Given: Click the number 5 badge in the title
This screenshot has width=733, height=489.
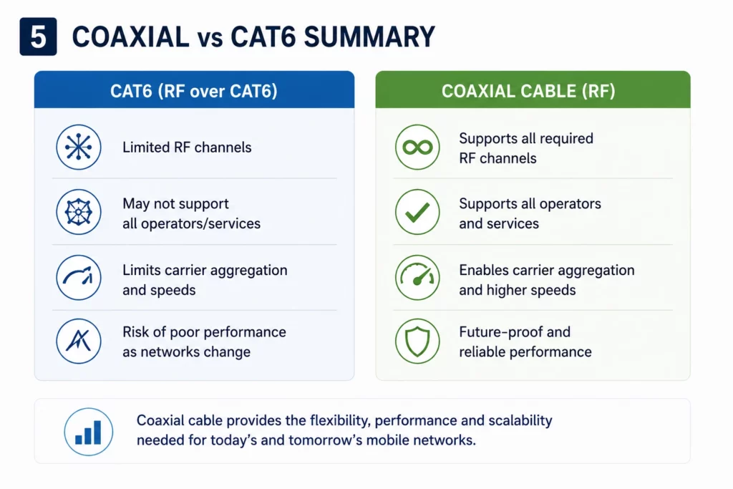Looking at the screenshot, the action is pos(39,37).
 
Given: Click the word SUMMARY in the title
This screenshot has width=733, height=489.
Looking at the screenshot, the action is pos(369,37).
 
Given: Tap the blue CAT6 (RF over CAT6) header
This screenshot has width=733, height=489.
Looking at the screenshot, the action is pos(194,89).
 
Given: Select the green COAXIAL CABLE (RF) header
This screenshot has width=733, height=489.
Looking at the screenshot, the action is pos(533,89).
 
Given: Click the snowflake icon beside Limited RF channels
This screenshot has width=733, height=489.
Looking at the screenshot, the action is pos(79,147).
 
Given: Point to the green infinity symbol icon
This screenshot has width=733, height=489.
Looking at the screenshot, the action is pos(417,147).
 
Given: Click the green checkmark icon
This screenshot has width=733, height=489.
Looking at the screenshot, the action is pos(417,212).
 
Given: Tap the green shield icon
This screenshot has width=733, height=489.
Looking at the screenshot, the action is pos(417,342).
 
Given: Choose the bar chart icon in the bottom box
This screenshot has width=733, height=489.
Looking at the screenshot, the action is pos(88,432).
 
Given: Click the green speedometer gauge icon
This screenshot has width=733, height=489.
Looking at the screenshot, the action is pos(417,277).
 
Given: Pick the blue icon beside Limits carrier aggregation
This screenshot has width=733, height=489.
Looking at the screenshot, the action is pos(79,277).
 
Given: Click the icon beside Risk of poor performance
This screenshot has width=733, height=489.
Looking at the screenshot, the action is pos(79,342).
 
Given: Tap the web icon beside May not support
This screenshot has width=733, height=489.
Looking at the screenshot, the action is pos(79,212).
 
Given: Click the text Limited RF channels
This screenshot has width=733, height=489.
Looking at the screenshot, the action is pos(187,147).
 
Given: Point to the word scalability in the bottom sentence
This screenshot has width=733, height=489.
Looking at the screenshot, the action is pos(520,421).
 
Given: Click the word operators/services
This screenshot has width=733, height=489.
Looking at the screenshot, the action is pos(200,224).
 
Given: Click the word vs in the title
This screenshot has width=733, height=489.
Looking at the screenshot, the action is pos(210,39).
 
